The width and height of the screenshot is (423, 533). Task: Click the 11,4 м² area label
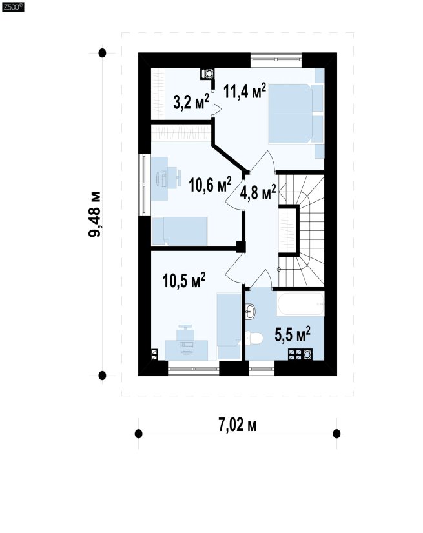(245, 91)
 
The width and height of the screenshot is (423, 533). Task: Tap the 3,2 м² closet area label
(191, 101)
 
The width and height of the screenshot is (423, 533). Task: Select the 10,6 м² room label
(211, 185)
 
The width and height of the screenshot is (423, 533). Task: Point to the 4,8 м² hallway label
(258, 192)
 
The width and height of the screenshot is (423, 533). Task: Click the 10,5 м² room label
(184, 280)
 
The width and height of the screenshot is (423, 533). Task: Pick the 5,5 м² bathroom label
(293, 334)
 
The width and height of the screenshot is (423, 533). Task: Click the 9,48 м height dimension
(95, 214)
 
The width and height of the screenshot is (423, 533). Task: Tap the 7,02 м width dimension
(238, 425)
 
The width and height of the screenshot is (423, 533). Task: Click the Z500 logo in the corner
(13, 7)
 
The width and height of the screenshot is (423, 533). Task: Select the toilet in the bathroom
(254, 339)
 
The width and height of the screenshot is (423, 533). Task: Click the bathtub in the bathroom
(300, 304)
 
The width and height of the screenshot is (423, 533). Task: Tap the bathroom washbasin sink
(250, 311)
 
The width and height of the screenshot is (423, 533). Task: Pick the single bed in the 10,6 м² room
(180, 231)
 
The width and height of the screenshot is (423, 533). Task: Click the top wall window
(276, 60)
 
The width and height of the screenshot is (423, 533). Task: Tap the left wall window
(144, 185)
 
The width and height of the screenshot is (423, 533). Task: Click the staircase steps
(301, 230)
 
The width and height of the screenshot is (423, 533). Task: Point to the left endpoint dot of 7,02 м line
(138, 434)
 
